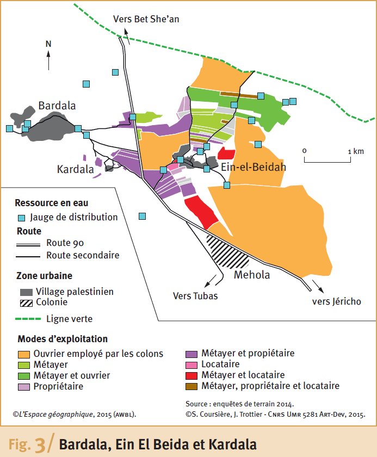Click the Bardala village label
[57, 106]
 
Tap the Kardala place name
[75, 170]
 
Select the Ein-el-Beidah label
[253, 167]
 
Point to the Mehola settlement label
[252, 275]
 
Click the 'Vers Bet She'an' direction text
[146, 19]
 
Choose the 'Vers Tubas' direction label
[195, 296]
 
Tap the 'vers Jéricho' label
[336, 301]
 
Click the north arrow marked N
[48, 57]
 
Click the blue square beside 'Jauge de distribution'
[22, 218]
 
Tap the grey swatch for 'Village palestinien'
[26, 292]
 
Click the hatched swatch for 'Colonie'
[26, 302]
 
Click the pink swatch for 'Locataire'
[192, 365]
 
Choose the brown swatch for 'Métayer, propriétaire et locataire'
[192, 386]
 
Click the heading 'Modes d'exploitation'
[62, 339]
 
